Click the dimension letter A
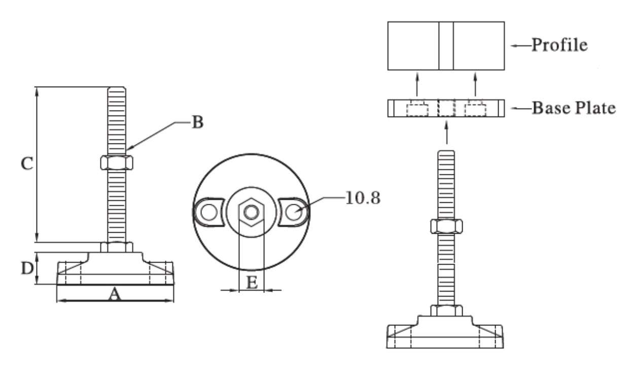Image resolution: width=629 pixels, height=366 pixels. coord(115,295)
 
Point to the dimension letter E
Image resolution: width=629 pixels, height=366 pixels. coord(251,283)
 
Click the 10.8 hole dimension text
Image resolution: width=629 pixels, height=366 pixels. coord(362,198)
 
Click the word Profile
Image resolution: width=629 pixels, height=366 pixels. coord(560,45)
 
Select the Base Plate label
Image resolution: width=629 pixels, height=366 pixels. coord(574,108)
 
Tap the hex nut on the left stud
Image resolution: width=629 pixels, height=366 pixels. coord(116,162)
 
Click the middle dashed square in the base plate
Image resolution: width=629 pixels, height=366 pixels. coord(446,108)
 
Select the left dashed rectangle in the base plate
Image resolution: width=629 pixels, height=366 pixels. coord(417,108)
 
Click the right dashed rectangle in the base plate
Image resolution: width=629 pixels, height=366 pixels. coord(476,108)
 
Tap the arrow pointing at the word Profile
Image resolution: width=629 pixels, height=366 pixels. coord(520,46)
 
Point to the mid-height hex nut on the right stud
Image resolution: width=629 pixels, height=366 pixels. coord(446,226)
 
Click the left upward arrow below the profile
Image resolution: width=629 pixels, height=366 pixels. coord(417,84)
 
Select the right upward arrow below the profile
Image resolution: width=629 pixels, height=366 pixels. coord(475,84)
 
